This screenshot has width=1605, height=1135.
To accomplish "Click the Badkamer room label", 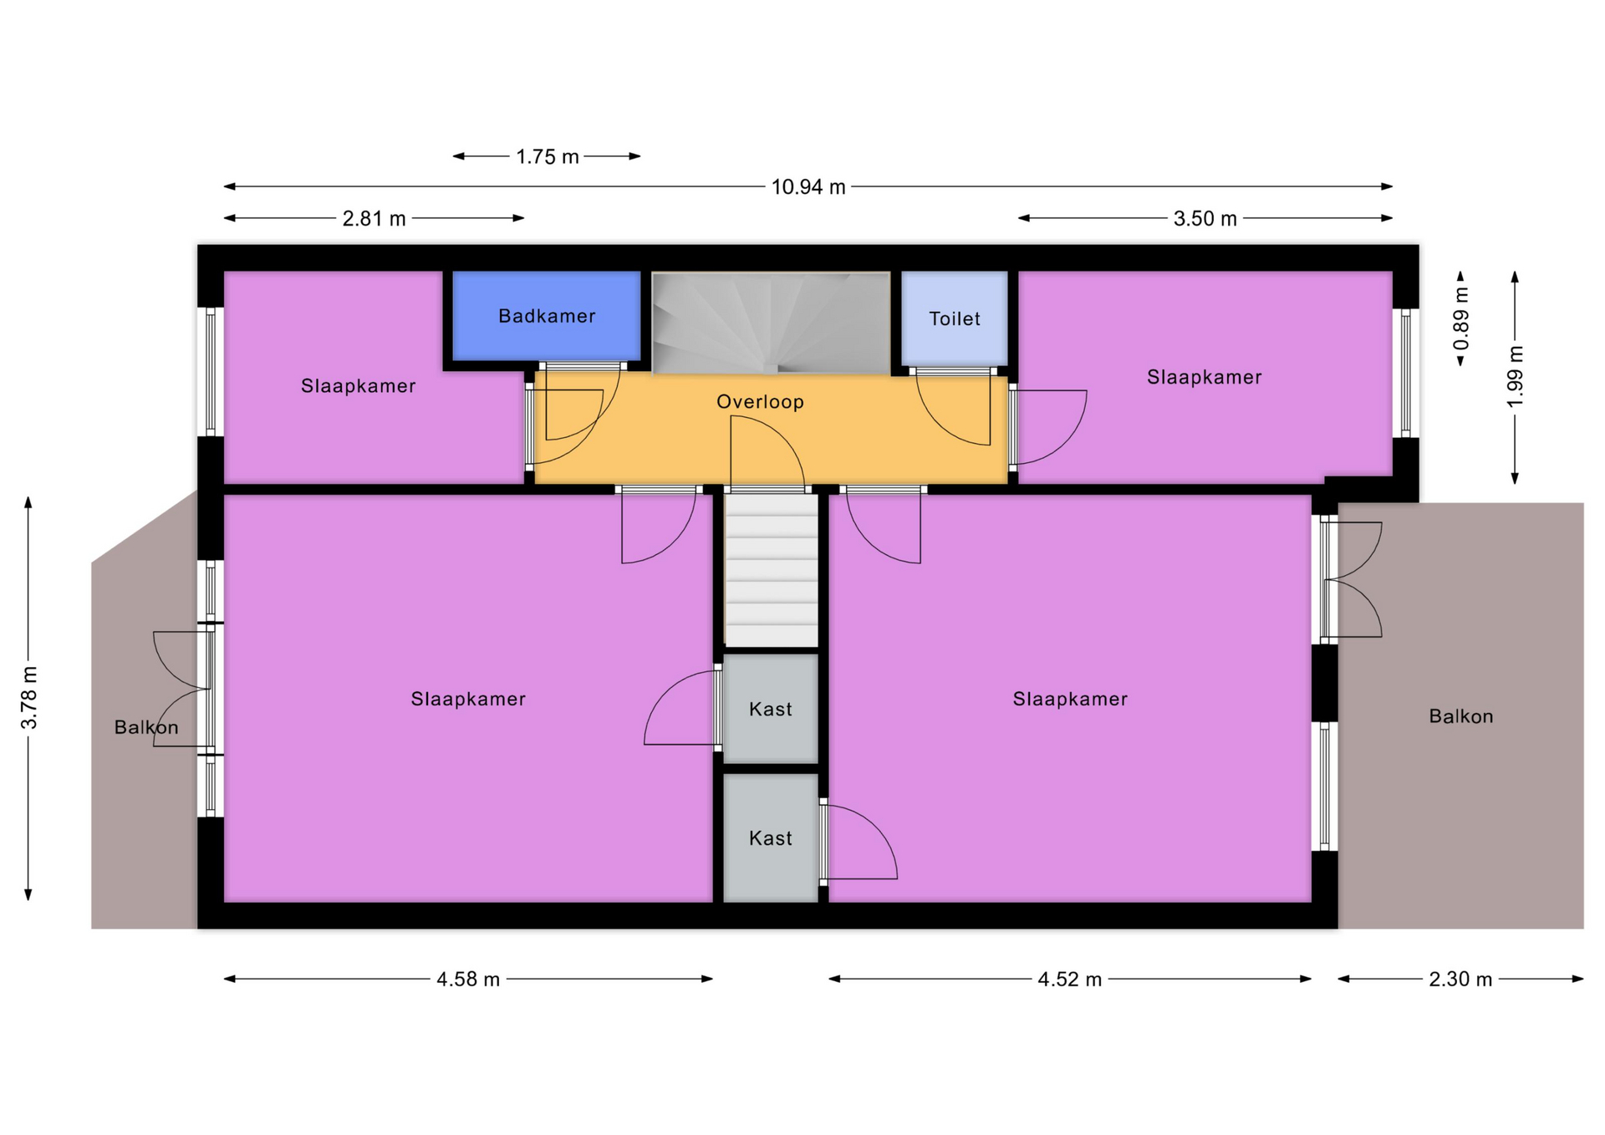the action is pyautogui.click(x=547, y=316).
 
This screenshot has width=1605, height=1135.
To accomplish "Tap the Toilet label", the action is pyautogui.click(x=955, y=318).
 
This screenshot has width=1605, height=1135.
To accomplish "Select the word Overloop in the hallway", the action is pyautogui.click(x=760, y=402).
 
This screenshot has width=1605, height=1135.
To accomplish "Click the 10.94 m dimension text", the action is pyautogui.click(x=808, y=187).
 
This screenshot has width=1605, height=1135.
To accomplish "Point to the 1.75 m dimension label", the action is pyautogui.click(x=548, y=157).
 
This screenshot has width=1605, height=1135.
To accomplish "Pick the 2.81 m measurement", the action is pyautogui.click(x=374, y=219).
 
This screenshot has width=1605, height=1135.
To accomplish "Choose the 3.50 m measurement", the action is pyautogui.click(x=1205, y=219).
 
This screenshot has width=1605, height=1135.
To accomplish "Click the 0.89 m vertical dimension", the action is pyautogui.click(x=1460, y=319).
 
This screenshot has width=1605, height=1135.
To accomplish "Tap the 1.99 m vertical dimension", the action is pyautogui.click(x=1515, y=376).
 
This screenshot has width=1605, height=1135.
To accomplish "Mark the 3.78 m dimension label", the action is pyautogui.click(x=29, y=698).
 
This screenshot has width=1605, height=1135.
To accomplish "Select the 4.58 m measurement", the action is pyautogui.click(x=468, y=980).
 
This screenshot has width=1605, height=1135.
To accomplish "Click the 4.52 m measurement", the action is pyautogui.click(x=1070, y=980).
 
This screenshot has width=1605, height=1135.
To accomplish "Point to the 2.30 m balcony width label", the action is pyautogui.click(x=1460, y=980).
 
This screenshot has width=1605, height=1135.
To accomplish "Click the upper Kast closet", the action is pyautogui.click(x=770, y=709).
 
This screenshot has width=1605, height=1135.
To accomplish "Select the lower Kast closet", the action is pyautogui.click(x=770, y=838).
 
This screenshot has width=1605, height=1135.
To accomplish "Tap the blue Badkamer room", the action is pyautogui.click(x=547, y=316).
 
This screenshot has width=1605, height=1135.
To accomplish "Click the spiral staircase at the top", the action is pyautogui.click(x=771, y=323).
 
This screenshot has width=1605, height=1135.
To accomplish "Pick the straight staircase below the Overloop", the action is pyautogui.click(x=771, y=571).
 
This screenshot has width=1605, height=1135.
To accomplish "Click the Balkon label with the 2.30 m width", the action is pyautogui.click(x=1460, y=716).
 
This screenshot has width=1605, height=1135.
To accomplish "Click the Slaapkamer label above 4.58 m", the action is pyautogui.click(x=468, y=700).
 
